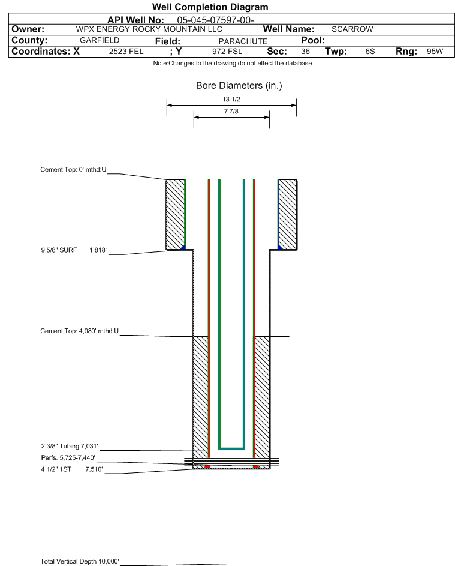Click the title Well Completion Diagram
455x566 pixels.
coord(210,7)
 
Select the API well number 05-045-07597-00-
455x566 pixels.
coord(216,20)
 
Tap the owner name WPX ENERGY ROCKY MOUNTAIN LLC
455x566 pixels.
coord(149,29)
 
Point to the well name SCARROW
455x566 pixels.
coord(352,29)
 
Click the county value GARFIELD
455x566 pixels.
coord(100,40)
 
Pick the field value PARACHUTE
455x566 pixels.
coord(243,41)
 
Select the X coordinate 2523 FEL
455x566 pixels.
coord(126,52)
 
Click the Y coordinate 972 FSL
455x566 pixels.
coord(227,52)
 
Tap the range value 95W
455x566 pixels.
coord(435,52)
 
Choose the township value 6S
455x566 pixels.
coord(370,52)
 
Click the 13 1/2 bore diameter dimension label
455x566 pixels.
coord(231,99)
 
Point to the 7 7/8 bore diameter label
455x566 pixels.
coord(231,111)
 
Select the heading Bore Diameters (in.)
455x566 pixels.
coord(239,86)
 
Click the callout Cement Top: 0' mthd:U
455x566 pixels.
coord(73,170)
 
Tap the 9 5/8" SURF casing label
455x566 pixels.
coord(59,250)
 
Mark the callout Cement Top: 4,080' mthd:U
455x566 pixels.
coord(79,331)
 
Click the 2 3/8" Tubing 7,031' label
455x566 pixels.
coord(70,446)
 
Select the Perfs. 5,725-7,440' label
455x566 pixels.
coord(68,458)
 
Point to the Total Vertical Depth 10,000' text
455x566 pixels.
coord(80,561)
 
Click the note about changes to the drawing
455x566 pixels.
coord(233,63)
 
